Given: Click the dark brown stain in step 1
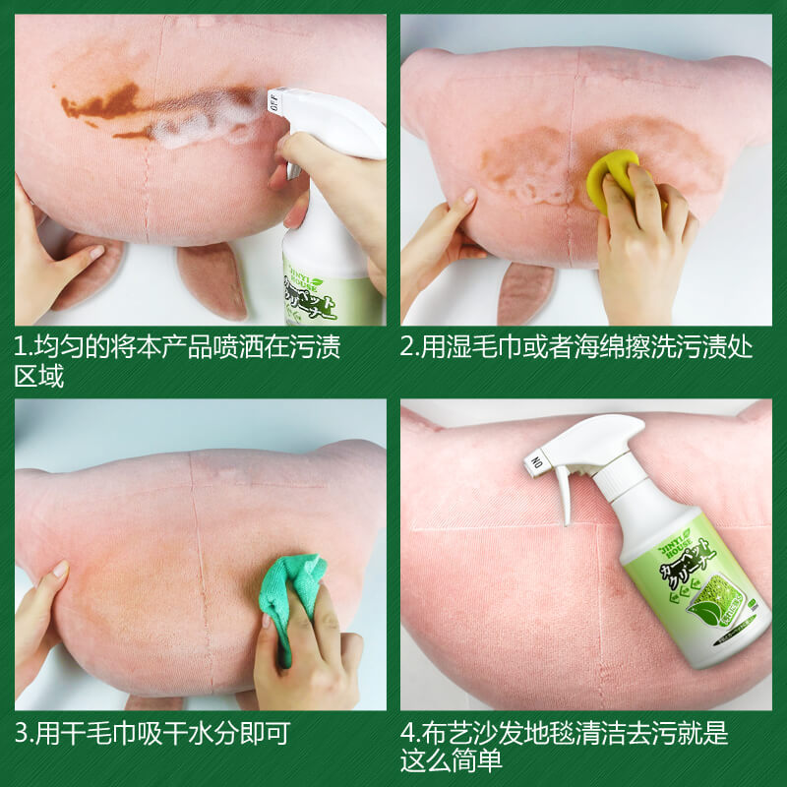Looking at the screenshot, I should [x=103, y=102].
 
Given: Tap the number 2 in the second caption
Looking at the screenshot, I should [x=408, y=348].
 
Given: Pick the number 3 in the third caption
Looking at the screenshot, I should [x=22, y=734].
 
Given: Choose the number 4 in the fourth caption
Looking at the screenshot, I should [x=408, y=734].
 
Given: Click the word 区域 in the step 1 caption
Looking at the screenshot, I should [x=39, y=376].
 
